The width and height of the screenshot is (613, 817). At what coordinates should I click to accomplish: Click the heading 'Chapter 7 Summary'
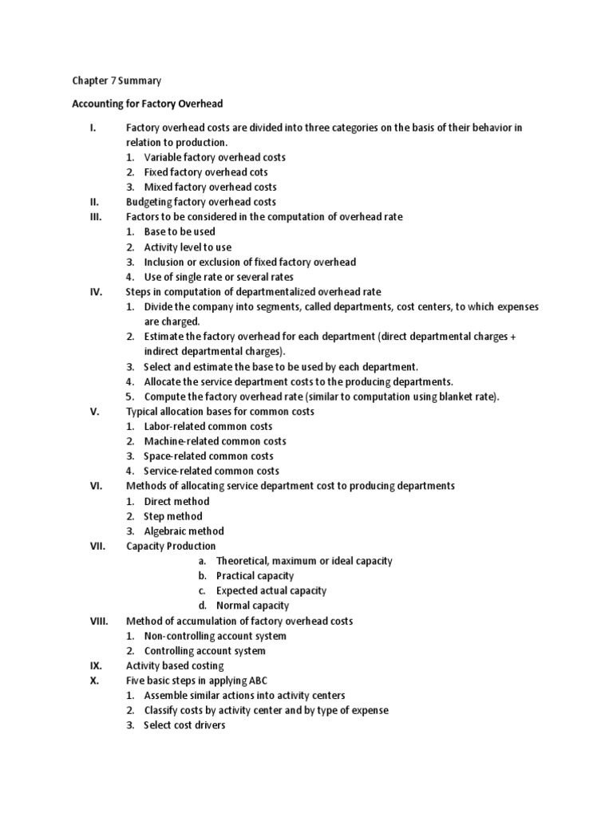117,81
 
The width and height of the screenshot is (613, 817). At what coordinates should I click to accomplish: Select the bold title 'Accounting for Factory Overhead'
148,104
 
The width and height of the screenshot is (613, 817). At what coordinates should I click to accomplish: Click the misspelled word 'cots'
279,172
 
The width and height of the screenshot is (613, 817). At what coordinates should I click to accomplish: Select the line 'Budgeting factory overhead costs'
201,202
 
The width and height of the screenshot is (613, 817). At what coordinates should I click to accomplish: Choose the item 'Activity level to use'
188,247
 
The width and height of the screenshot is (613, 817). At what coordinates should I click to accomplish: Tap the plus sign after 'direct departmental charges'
512,337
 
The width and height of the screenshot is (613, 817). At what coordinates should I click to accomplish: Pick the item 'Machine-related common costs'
215,441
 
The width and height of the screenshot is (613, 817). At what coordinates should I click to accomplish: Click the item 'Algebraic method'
184,531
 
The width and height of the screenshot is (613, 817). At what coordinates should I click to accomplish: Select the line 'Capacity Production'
171,546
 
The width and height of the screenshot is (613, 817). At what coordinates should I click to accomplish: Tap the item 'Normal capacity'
253,606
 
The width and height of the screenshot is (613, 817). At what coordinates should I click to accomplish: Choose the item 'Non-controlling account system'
215,636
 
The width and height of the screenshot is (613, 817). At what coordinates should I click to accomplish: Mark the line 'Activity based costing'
175,665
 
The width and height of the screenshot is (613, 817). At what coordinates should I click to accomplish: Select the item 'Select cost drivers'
184,725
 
